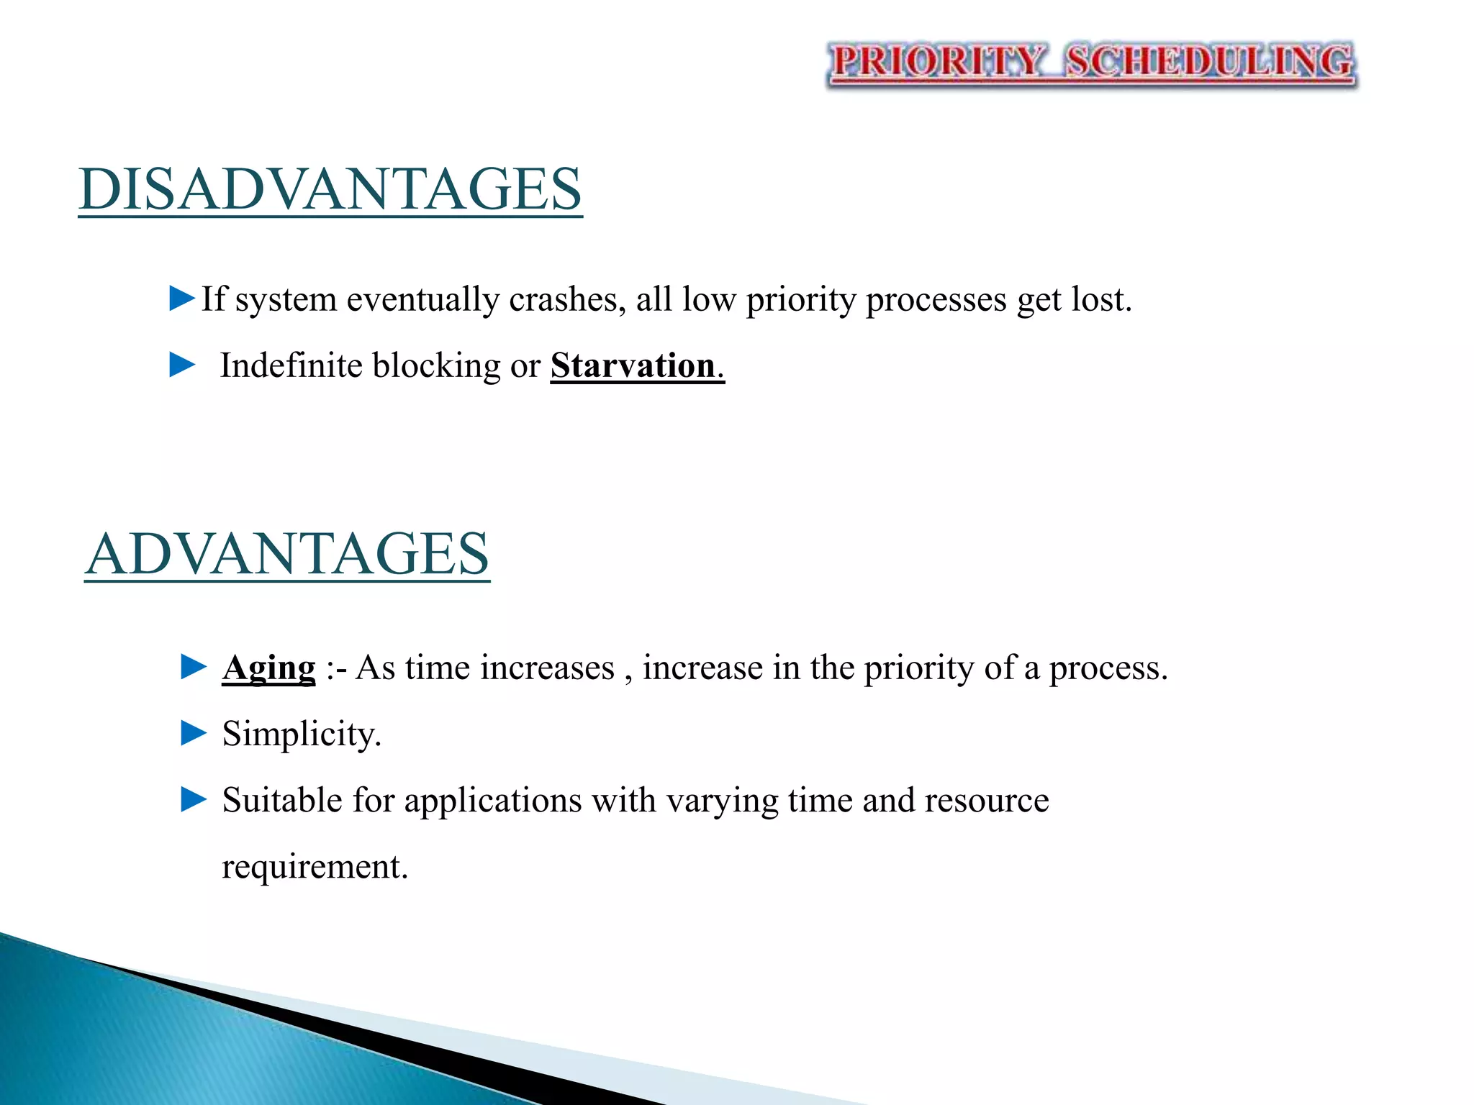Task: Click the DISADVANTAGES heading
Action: pyautogui.click(x=330, y=188)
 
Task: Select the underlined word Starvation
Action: pyautogui.click(x=633, y=365)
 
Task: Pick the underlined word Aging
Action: pyautogui.click(x=268, y=668)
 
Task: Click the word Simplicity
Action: pyautogui.click(x=301, y=735)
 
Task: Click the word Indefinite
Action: pyautogui.click(x=291, y=365)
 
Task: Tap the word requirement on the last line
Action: pyautogui.click(x=314, y=866)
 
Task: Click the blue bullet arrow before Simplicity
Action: pyautogui.click(x=194, y=734)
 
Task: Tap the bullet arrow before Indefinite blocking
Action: pyautogui.click(x=182, y=365)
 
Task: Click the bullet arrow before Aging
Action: pyautogui.click(x=194, y=667)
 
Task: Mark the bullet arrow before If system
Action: pyautogui.click(x=182, y=298)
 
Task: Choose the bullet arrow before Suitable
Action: pyautogui.click(x=194, y=799)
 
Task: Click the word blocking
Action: pyautogui.click(x=436, y=365)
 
